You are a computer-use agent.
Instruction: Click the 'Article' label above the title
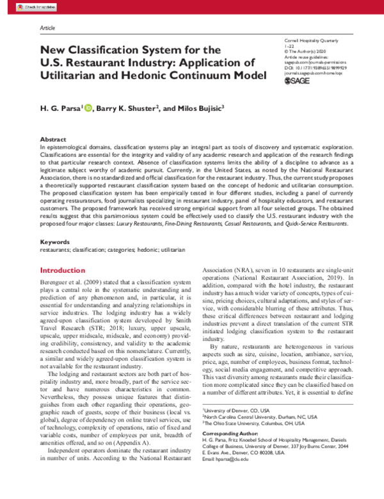[x=47, y=29]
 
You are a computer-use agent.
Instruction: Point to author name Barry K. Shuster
[x=125, y=110]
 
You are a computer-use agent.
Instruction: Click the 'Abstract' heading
[x=54, y=139]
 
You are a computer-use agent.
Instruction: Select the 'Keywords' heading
[x=55, y=241]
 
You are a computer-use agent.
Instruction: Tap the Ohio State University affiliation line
[x=246, y=422]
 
